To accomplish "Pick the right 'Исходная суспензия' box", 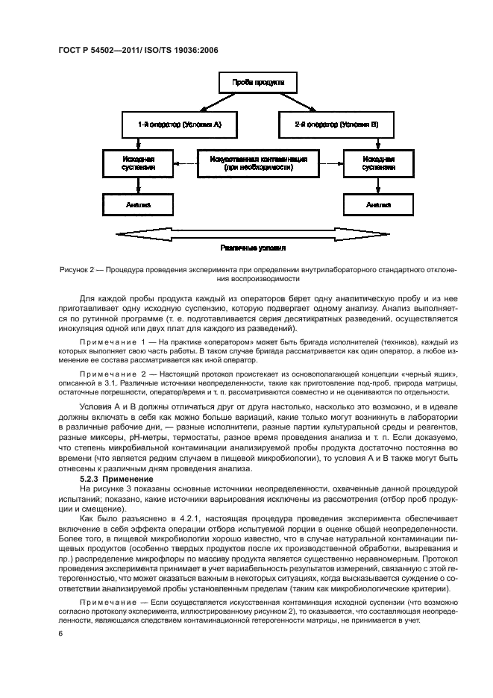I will tap(379, 163).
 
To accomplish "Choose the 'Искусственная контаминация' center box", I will tap(258, 163).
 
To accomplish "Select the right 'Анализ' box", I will tap(379, 204).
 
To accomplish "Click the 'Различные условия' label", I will tap(254, 248).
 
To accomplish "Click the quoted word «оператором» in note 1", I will tap(216, 340).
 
